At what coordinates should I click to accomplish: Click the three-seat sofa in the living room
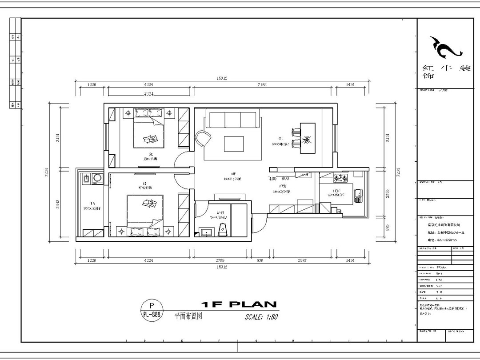coord(233,120)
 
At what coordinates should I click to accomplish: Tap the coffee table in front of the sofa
coord(234,144)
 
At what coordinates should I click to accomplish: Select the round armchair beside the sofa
coord(203,138)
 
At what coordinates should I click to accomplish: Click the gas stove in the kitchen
coord(341,178)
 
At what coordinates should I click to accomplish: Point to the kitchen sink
coord(358,194)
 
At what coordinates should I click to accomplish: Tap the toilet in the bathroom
coord(224,230)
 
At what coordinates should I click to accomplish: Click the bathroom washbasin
coord(206,232)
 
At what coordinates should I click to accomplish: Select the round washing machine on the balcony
coord(97,179)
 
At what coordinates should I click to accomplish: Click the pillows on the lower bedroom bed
coord(144,231)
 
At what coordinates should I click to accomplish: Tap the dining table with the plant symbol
coord(307,137)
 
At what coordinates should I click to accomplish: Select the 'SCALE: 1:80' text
coord(261,317)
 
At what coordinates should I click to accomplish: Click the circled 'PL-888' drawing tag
coord(152,310)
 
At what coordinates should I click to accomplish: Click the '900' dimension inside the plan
coord(285,179)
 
